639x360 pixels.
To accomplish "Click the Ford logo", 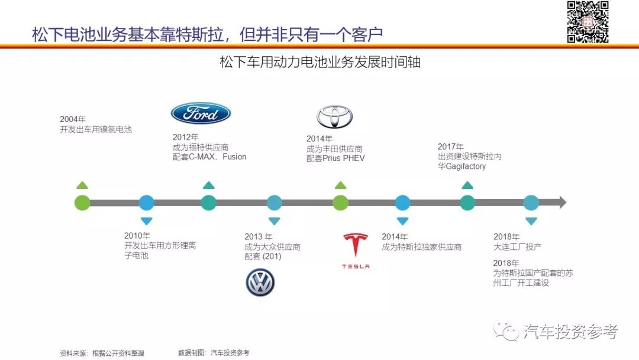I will point(201,114).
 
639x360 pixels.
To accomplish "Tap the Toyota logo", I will point(334,117).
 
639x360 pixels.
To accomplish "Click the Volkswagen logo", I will point(260,282).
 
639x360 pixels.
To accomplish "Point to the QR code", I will point(588,22).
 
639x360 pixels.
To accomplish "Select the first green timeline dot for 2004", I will point(82,202).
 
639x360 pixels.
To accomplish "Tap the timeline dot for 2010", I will point(146,202).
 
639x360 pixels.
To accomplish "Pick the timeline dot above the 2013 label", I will point(274,202).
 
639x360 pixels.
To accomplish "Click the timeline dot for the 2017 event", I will point(467,202).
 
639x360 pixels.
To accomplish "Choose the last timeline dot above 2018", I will point(531,202).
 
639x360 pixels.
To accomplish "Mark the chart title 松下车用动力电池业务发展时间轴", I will point(319,62).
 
